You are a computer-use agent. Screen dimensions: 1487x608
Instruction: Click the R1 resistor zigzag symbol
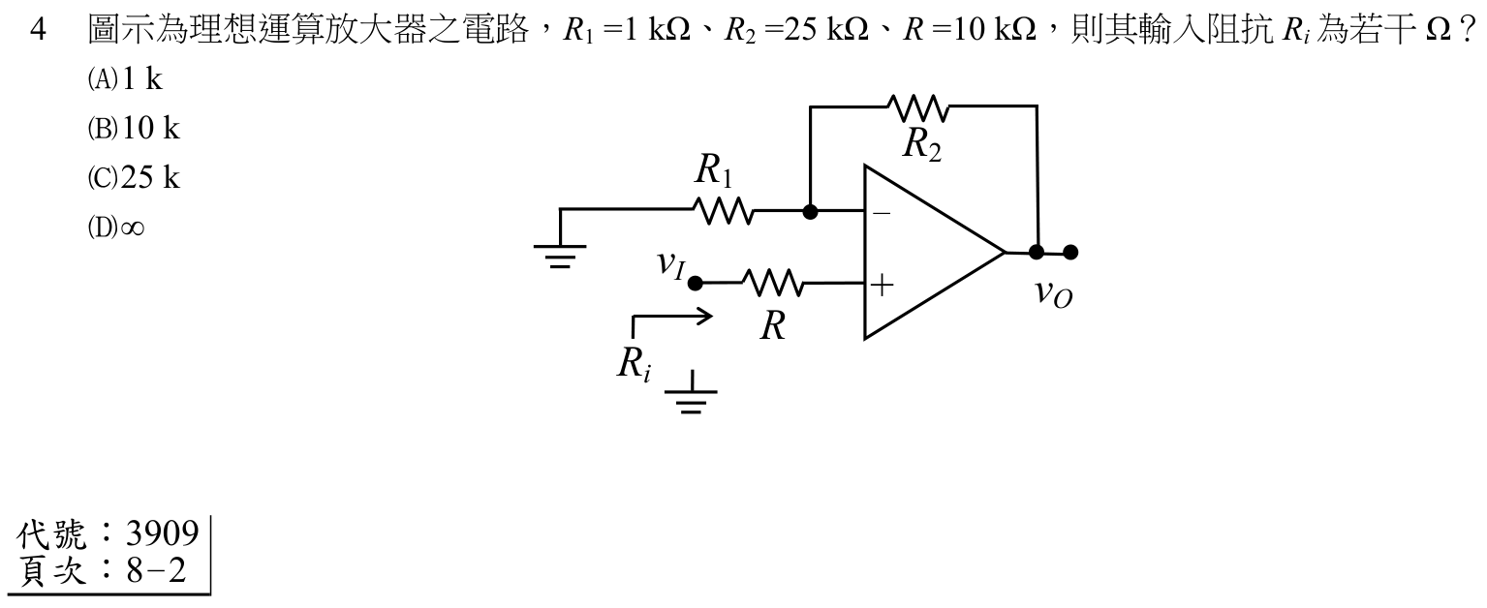tap(724, 210)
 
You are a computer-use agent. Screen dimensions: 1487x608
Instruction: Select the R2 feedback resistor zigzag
tap(918, 108)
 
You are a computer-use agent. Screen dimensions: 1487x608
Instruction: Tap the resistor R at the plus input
tap(773, 283)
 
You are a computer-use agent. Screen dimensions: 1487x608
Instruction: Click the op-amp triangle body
tap(934, 253)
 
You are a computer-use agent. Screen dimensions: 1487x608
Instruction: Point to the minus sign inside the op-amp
tap(883, 214)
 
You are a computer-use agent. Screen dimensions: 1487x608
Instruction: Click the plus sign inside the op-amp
tap(883, 286)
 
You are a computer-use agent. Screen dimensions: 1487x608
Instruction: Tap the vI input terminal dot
tap(695, 284)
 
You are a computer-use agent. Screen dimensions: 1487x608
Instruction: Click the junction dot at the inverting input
tap(810, 212)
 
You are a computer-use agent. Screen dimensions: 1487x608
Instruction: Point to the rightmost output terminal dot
tap(1070, 253)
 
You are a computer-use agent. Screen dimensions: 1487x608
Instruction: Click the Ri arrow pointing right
tap(671, 317)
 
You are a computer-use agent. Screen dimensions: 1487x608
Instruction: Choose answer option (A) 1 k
tap(126, 79)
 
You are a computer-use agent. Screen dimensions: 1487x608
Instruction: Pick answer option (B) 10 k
tap(134, 128)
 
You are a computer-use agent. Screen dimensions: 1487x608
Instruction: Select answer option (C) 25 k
tap(134, 177)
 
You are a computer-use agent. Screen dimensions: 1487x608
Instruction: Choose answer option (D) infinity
tap(116, 228)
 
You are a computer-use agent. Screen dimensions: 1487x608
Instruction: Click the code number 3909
tap(163, 533)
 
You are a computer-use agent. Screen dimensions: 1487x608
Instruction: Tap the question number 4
tap(39, 30)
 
